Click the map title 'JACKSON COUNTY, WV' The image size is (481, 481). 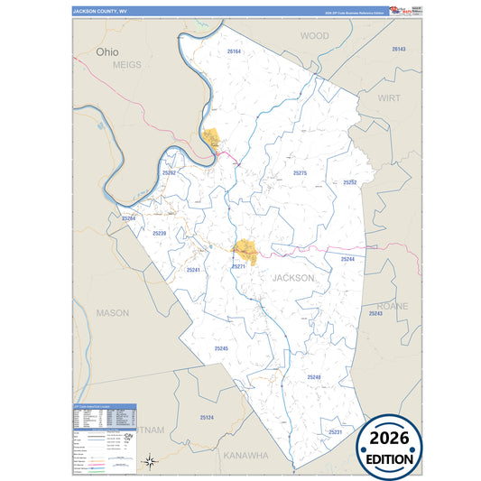point(102,13)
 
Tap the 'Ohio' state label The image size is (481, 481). point(106,52)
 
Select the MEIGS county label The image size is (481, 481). point(129,66)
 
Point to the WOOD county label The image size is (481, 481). point(315,36)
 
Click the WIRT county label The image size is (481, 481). point(389,97)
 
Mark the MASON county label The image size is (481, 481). point(113,312)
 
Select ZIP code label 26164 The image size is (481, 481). point(235,52)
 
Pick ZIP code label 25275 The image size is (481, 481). point(301,172)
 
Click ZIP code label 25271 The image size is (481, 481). point(238,267)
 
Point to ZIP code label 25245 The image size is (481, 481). point(222,348)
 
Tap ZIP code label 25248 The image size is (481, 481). point(314,376)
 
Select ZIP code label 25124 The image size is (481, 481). point(208,418)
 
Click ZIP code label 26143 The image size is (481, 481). point(399,49)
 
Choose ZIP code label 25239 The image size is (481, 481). point(159,234)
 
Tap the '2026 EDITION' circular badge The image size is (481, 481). point(390,447)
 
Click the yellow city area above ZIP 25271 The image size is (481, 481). point(245,249)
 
